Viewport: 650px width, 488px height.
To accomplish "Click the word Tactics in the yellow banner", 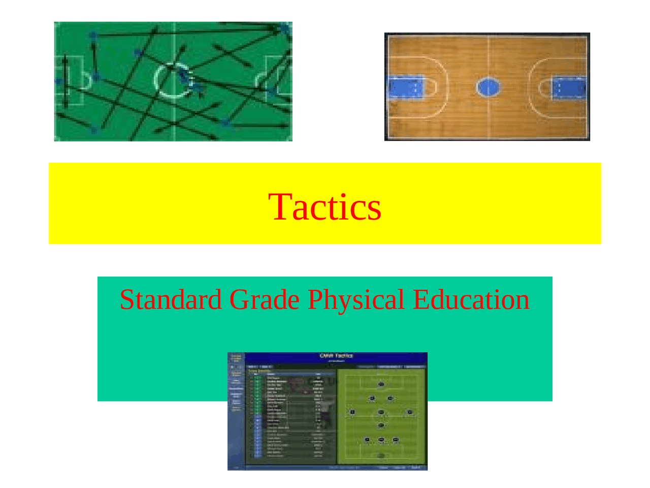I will point(324,207).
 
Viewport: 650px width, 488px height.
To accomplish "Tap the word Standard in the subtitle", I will point(171,299).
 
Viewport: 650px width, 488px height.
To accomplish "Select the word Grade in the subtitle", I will point(264,299).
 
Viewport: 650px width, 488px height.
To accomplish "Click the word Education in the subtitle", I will point(471,299).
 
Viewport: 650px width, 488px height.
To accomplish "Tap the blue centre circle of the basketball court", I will point(488,87).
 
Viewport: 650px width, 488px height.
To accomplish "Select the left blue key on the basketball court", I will point(406,87).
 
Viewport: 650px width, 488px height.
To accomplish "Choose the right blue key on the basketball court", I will point(569,87).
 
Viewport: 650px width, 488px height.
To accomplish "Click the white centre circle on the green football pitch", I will point(173,80).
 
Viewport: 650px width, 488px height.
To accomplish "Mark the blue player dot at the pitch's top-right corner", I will point(284,28).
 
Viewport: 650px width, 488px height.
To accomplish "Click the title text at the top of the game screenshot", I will point(336,356).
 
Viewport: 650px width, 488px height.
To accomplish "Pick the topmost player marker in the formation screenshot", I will point(381,384).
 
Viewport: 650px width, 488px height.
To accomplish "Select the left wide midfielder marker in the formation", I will point(352,412).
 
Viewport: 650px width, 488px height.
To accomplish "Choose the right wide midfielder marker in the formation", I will point(410,412).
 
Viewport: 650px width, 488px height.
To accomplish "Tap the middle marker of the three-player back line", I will point(381,440).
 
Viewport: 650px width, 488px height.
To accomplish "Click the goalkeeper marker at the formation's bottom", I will point(381,455).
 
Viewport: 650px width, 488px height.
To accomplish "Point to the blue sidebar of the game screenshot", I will point(236,407).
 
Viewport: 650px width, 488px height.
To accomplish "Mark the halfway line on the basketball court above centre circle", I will point(489,56).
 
